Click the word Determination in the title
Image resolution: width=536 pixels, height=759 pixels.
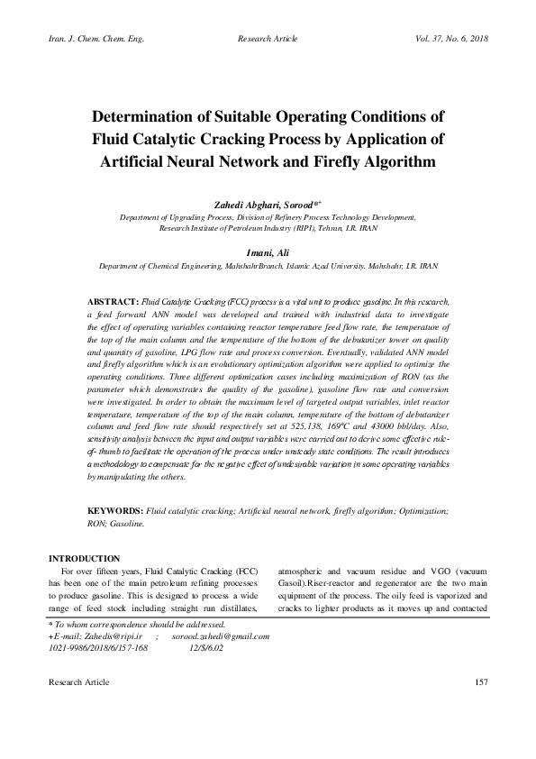click(x=162, y=118)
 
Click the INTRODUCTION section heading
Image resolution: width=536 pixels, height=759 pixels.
click(x=84, y=559)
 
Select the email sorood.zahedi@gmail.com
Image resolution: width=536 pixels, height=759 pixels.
click(x=219, y=637)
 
